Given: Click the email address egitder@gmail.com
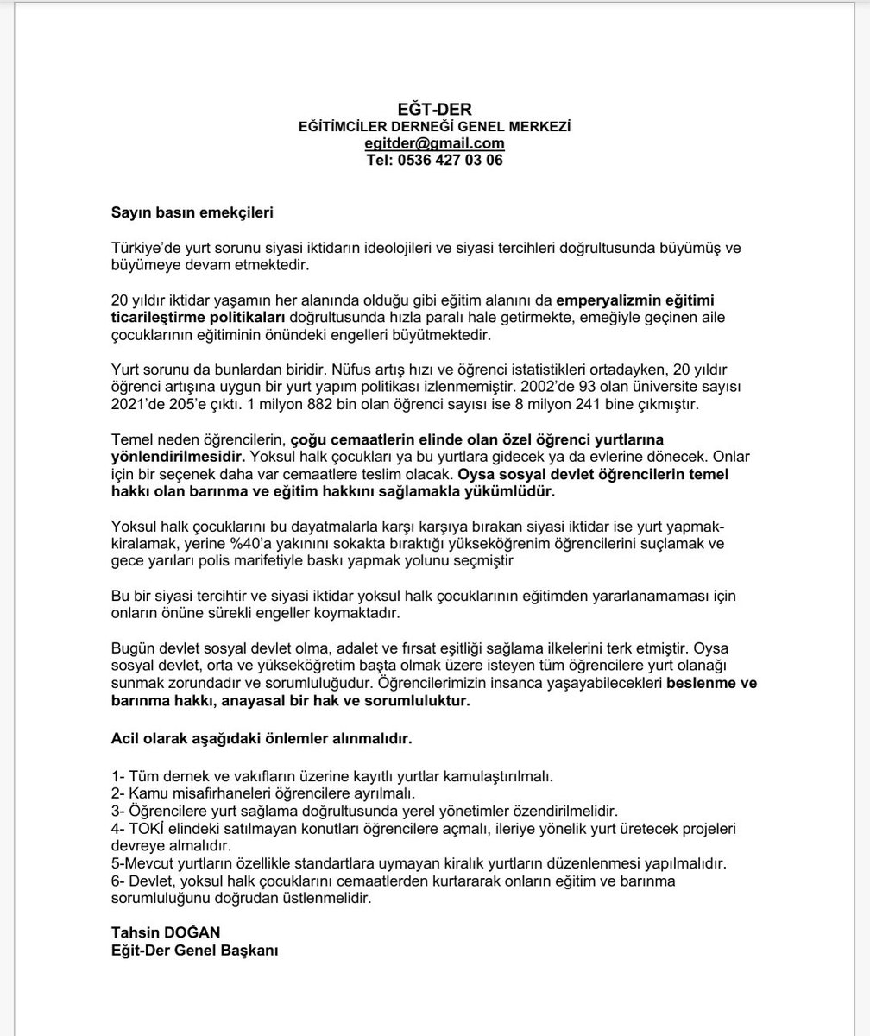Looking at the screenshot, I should pyautogui.click(x=434, y=143).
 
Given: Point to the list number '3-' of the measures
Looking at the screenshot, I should pyautogui.click(x=118, y=811).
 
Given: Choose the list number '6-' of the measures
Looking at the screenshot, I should pyautogui.click(x=118, y=881).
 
